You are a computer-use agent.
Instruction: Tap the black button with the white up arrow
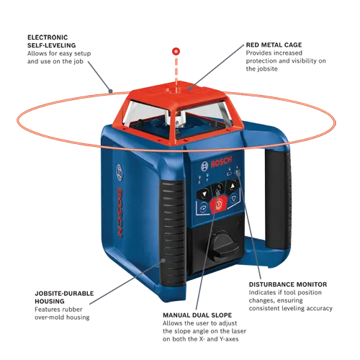point(233,186)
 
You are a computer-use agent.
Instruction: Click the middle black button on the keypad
point(218,189)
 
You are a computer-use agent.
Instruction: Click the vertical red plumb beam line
point(174,72)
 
